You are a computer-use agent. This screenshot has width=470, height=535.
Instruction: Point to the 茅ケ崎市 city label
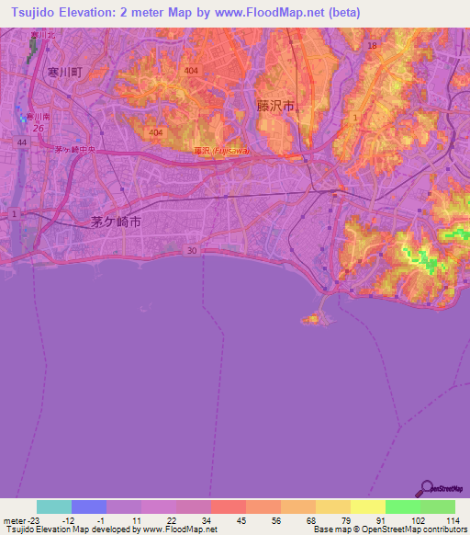pos(117,223)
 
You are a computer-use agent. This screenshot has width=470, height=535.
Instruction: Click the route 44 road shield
pos(21,143)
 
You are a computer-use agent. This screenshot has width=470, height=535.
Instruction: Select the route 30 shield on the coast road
pos(191,250)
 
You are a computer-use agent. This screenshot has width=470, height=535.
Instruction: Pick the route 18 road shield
pos(372,45)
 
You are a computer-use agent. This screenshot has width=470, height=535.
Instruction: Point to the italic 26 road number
pos(38,128)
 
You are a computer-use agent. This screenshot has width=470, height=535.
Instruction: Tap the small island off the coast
pos(313,319)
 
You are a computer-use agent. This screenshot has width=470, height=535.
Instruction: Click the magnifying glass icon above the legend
pos(425,487)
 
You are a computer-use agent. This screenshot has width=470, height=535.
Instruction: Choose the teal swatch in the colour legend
pos(54,507)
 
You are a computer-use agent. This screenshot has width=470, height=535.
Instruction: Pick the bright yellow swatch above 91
pos(367,507)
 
